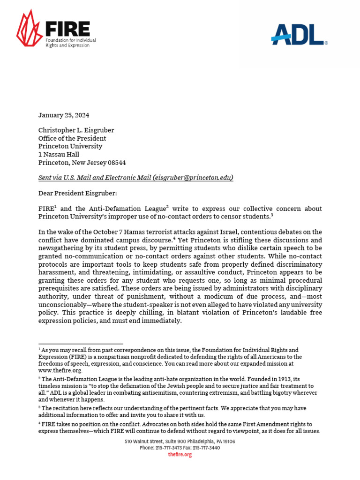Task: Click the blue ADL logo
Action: pyautogui.click(x=299, y=35)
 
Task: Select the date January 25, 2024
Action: pyautogui.click(x=63, y=115)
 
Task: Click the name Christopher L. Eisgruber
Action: pyautogui.click(x=76, y=130)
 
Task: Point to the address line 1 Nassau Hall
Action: pyautogui.click(x=59, y=154)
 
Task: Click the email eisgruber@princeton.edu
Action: pyautogui.click(x=193, y=178)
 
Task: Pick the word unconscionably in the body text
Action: pyautogui.click(x=62, y=304)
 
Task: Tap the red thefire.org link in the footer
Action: pyautogui.click(x=180, y=455)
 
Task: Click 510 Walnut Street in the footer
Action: pyautogui.click(x=142, y=442)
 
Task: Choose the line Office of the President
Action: pyautogui.click(x=72, y=138)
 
